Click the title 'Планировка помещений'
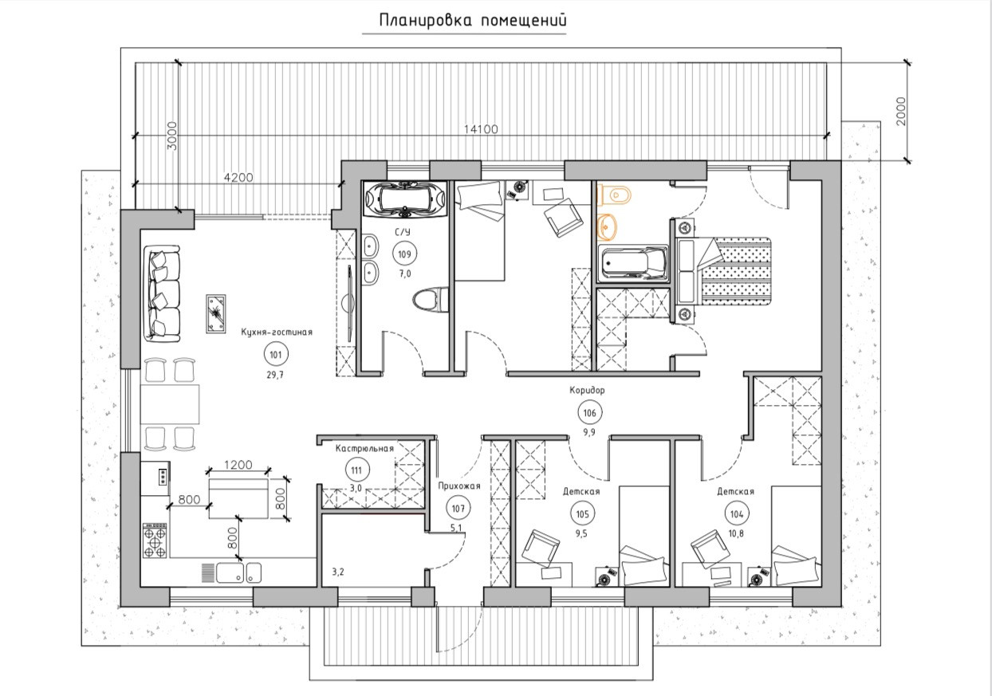(x=473, y=21)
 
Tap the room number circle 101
(x=276, y=354)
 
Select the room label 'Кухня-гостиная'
(x=277, y=332)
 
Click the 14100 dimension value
(x=481, y=129)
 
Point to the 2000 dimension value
(x=901, y=111)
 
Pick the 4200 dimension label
(x=238, y=178)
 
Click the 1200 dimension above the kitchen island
(x=238, y=465)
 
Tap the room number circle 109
(x=405, y=254)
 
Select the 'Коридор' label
(x=587, y=390)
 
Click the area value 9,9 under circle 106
(x=589, y=433)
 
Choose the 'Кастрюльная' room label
(x=364, y=449)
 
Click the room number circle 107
(x=459, y=509)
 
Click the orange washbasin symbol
(x=607, y=226)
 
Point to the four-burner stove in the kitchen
(x=155, y=541)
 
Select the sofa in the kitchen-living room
(x=162, y=293)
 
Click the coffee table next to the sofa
(x=216, y=313)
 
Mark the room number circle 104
(x=737, y=514)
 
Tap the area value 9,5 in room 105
(x=581, y=534)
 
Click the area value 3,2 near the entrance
(x=338, y=572)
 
